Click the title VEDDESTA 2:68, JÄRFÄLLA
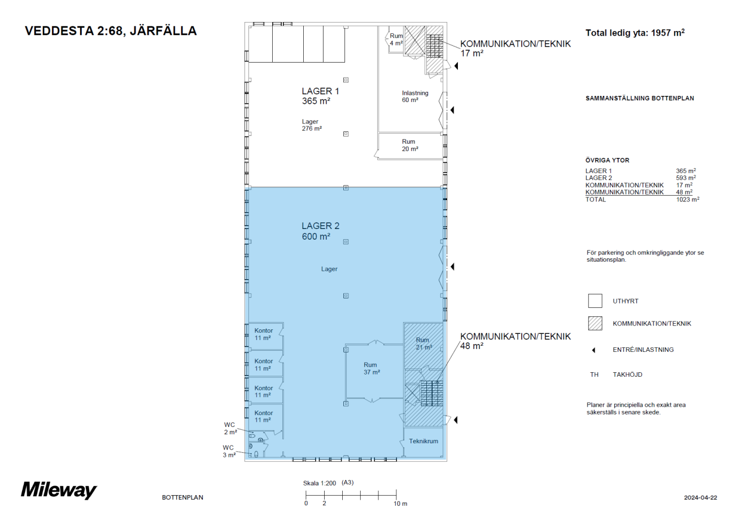click(x=111, y=31)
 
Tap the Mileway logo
click(x=59, y=490)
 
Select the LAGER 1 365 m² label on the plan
click(x=320, y=96)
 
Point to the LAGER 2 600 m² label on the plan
click(x=320, y=231)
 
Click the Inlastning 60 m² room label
click(x=414, y=96)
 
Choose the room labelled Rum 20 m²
click(x=409, y=146)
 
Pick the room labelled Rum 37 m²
click(x=371, y=368)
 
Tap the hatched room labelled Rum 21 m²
click(x=423, y=343)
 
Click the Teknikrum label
click(x=423, y=441)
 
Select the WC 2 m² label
click(x=230, y=429)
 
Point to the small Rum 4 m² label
click(x=396, y=39)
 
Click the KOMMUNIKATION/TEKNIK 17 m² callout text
click(x=515, y=48)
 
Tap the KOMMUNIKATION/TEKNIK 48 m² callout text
click(x=515, y=341)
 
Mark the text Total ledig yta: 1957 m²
click(x=635, y=33)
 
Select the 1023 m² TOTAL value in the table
click(x=687, y=200)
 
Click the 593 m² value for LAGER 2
click(x=685, y=178)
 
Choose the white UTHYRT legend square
click(x=595, y=301)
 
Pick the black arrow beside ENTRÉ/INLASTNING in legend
click(x=593, y=350)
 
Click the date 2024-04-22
click(x=700, y=497)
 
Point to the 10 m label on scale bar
click(x=400, y=504)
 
